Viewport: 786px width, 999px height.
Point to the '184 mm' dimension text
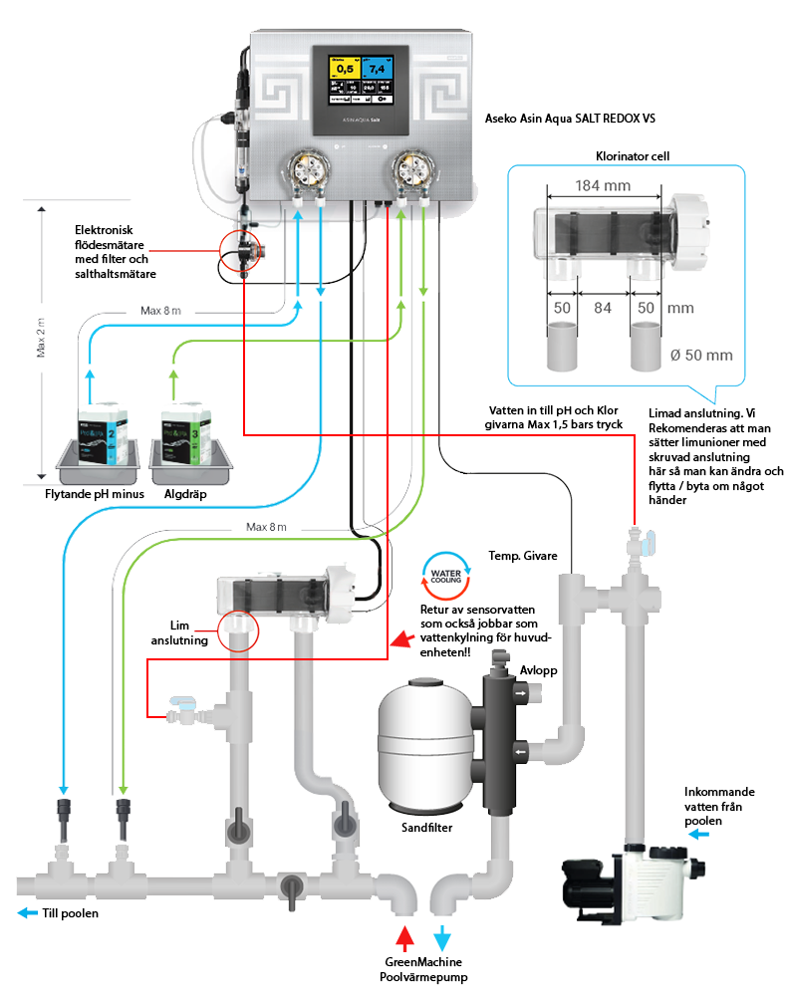pos(603,184)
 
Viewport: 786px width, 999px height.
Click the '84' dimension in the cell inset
pos(603,308)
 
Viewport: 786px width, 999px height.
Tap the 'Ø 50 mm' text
pos(701,355)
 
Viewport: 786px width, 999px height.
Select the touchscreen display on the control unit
pos(362,83)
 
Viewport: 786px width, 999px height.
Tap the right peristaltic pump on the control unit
pos(412,169)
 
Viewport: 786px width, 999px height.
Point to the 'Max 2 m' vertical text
pos(42,339)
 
